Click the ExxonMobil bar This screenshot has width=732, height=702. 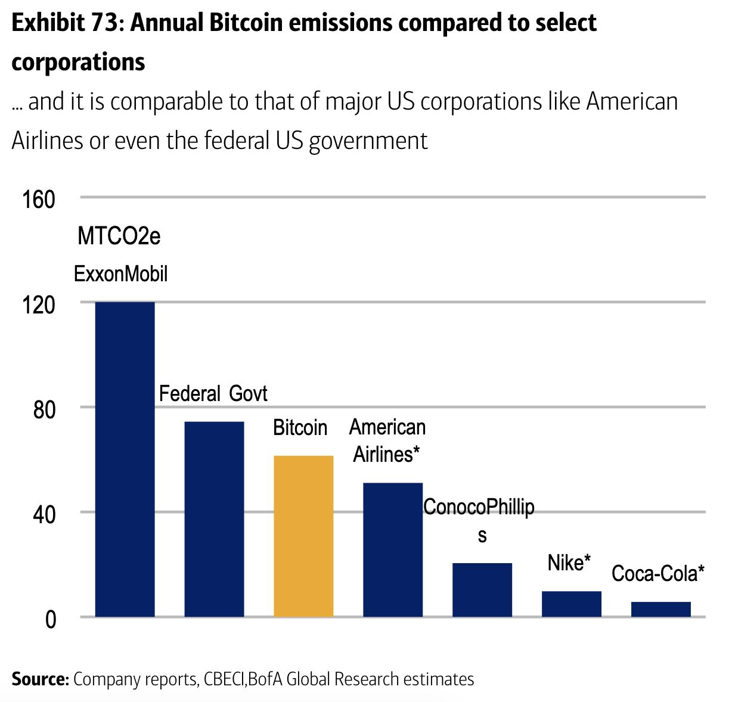pyautogui.click(x=125, y=459)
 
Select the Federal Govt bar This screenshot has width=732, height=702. pyautogui.click(x=215, y=519)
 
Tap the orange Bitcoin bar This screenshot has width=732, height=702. pyautogui.click(x=303, y=536)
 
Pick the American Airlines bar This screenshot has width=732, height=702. pyautogui.click(x=393, y=549)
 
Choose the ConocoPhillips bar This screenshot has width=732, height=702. pyautogui.click(x=482, y=589)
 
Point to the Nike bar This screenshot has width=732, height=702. pyautogui.click(x=572, y=604)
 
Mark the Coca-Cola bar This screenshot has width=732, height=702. pyautogui.click(x=660, y=609)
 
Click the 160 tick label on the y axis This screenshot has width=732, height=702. pyautogui.click(x=39, y=200)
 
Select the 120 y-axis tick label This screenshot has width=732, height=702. pyautogui.click(x=39, y=305)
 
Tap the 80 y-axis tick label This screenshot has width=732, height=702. pyautogui.click(x=44, y=410)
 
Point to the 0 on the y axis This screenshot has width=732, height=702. pyautogui.click(x=51, y=620)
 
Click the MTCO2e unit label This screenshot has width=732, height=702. pyautogui.click(x=119, y=237)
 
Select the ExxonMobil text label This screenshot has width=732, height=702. pyautogui.click(x=121, y=274)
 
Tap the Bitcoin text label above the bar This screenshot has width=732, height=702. pyautogui.click(x=300, y=428)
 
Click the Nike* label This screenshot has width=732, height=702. pyautogui.click(x=569, y=563)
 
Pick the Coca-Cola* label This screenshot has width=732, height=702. pyautogui.click(x=658, y=574)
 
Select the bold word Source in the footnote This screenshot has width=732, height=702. pyautogui.click(x=39, y=679)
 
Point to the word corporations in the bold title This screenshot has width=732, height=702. pyautogui.click(x=78, y=62)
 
